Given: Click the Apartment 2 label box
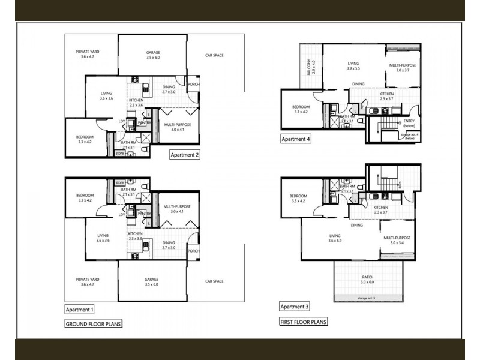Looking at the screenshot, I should [185, 154].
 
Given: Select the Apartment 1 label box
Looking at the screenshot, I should [80, 309].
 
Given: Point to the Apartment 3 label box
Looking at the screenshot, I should [295, 307].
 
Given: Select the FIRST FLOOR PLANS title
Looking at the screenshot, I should [304, 322].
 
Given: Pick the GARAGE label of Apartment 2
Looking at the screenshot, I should [153, 52].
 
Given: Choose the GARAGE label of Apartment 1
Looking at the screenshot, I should [153, 280].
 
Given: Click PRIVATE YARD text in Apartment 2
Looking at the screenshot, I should [87, 52].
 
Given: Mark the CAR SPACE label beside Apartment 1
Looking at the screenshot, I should [214, 281].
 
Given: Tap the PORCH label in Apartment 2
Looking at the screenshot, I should [194, 84].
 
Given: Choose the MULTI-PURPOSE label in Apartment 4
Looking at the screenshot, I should [402, 65].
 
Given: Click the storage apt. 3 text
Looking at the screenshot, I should [365, 298].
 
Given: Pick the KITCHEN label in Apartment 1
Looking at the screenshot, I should [135, 233].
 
